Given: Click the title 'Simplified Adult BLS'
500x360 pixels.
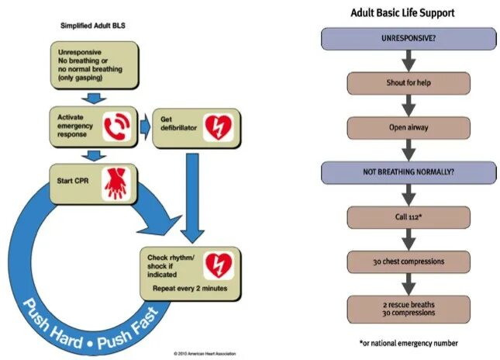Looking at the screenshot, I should [x=94, y=26].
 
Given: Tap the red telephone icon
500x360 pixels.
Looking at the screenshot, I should [x=119, y=127].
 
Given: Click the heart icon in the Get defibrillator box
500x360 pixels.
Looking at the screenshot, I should [x=219, y=127].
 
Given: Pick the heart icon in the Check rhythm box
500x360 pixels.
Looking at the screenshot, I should [x=219, y=266].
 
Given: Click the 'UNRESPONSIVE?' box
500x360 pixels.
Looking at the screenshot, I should [x=408, y=38].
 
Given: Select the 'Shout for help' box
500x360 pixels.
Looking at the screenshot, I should [x=408, y=82].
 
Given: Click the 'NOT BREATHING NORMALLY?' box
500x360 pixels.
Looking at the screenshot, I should [x=408, y=171].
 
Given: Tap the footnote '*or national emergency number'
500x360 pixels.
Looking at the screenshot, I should [x=408, y=342].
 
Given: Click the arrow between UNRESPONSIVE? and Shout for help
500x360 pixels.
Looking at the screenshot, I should [x=408, y=61].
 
